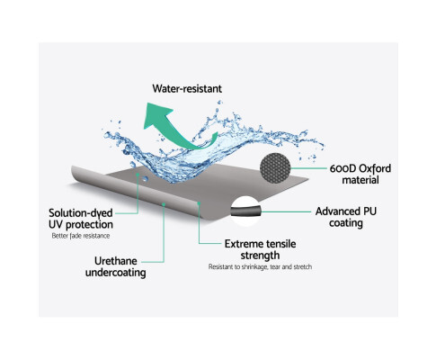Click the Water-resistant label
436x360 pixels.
click(x=187, y=88)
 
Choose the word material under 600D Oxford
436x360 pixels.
click(x=360, y=180)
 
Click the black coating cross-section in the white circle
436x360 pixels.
click(x=246, y=211)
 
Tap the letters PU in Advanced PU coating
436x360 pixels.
click(x=369, y=211)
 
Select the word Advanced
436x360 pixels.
click(x=338, y=211)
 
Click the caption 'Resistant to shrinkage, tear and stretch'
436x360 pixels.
click(x=260, y=266)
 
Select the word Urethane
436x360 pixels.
click(x=116, y=261)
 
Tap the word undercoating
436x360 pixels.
click(x=116, y=273)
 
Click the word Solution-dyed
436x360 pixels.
click(x=81, y=213)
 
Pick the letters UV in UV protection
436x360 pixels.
click(x=56, y=224)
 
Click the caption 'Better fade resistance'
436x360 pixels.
click(x=81, y=236)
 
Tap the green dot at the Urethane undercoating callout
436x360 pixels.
click(x=164, y=204)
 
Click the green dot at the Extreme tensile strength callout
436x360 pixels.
click(x=199, y=203)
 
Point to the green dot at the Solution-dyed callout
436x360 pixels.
click(x=138, y=174)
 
